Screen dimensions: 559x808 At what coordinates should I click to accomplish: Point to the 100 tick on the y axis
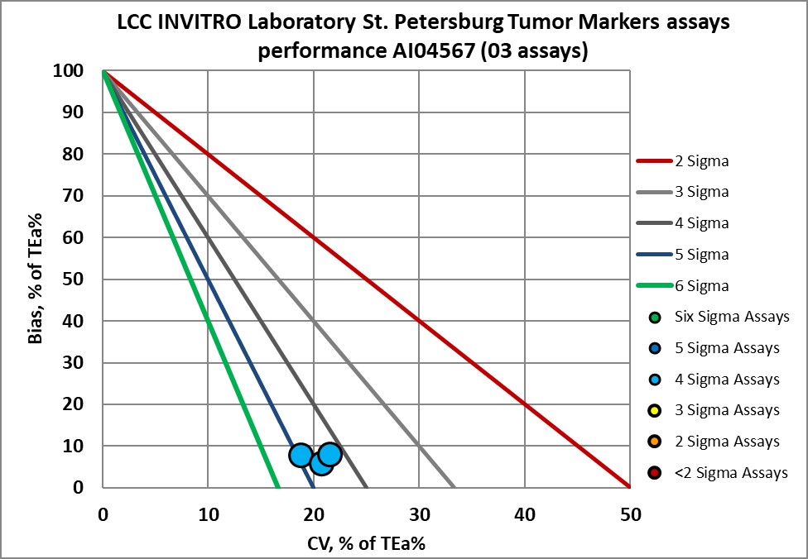coord(70,71)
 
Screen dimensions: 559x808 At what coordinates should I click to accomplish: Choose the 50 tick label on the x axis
coord(630,514)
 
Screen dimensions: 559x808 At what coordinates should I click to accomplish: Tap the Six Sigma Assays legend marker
coord(656,317)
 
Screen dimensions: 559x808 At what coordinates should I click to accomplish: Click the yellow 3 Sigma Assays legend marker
coord(656,411)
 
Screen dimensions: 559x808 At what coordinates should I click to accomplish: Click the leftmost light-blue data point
coord(301,456)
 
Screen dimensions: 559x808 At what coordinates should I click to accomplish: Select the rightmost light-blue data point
coord(330,454)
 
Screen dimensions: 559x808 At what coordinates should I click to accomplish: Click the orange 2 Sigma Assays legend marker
coord(656,442)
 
